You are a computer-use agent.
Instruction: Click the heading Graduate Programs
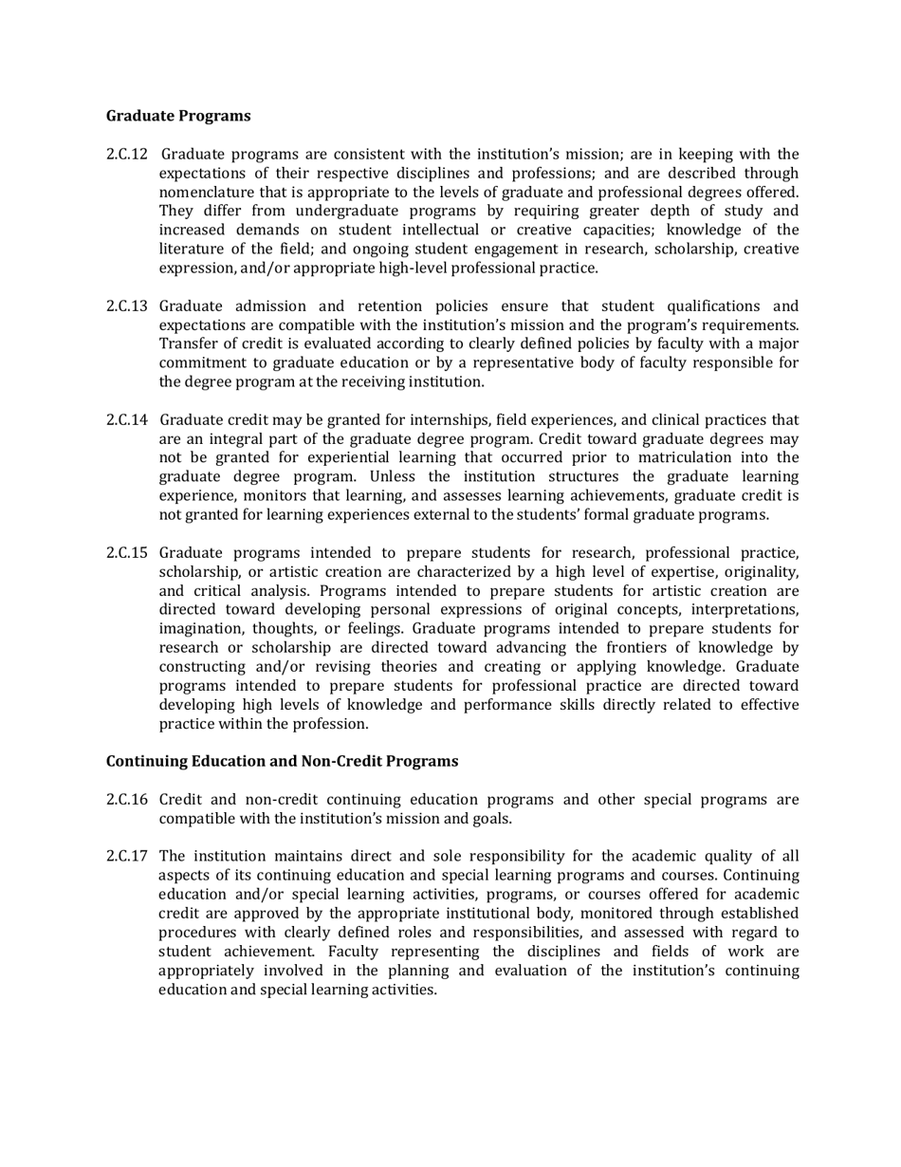click(x=178, y=116)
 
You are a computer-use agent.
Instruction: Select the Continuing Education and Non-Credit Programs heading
click(x=282, y=761)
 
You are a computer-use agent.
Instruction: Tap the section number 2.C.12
click(x=126, y=154)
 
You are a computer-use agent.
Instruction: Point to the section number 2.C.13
click(x=126, y=306)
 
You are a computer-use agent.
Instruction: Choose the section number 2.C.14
click(x=126, y=419)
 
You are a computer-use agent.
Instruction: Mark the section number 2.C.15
click(x=126, y=552)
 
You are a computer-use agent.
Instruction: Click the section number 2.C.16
click(x=126, y=799)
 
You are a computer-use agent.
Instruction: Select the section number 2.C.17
click(x=126, y=856)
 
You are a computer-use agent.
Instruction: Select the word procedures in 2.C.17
click(x=197, y=932)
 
